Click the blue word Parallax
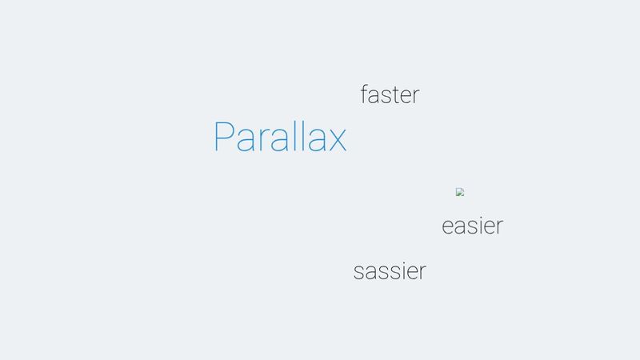click(x=280, y=138)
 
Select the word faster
click(x=390, y=95)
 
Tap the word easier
click(x=472, y=226)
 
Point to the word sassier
click(x=390, y=271)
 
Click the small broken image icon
click(x=460, y=192)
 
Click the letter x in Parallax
click(x=337, y=140)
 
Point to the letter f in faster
click(x=364, y=94)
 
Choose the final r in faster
click(x=415, y=97)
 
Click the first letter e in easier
click(x=448, y=227)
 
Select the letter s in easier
click(x=470, y=227)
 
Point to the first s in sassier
click(x=359, y=273)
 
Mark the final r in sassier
click(x=422, y=273)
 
